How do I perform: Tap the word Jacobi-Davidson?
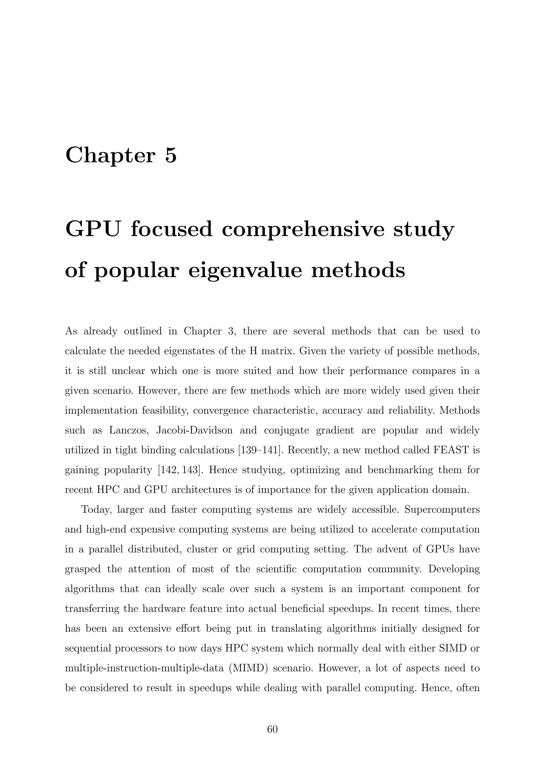pos(194,430)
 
